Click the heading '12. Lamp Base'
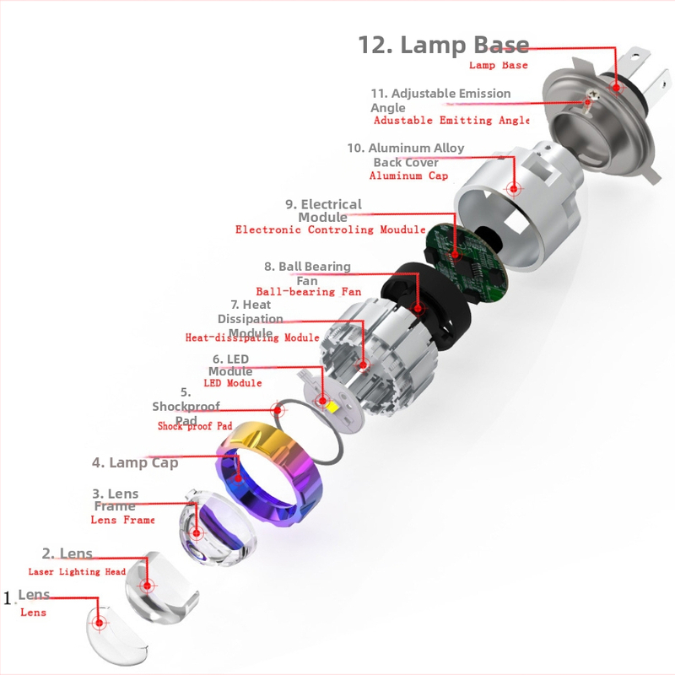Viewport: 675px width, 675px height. click(444, 45)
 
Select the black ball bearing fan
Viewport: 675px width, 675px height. click(426, 304)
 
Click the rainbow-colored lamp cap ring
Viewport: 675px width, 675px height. click(269, 472)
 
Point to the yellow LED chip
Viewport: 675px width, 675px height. click(332, 406)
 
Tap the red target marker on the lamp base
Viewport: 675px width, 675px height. click(616, 88)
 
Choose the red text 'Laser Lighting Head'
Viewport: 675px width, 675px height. click(77, 572)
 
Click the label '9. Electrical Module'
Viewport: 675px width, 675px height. click(324, 210)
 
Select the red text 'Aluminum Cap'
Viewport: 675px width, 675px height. click(408, 175)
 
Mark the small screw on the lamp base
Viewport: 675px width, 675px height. click(590, 98)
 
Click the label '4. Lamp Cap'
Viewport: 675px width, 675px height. click(135, 462)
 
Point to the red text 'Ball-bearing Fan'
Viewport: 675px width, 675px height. click(309, 292)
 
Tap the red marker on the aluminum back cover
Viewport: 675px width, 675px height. click(514, 188)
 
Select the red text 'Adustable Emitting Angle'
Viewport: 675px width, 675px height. click(451, 120)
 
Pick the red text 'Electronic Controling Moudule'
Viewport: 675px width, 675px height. click(331, 229)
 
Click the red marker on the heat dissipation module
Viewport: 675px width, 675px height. click(364, 365)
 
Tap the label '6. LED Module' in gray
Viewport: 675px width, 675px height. click(230, 365)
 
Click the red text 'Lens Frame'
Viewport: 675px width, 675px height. click(122, 520)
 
